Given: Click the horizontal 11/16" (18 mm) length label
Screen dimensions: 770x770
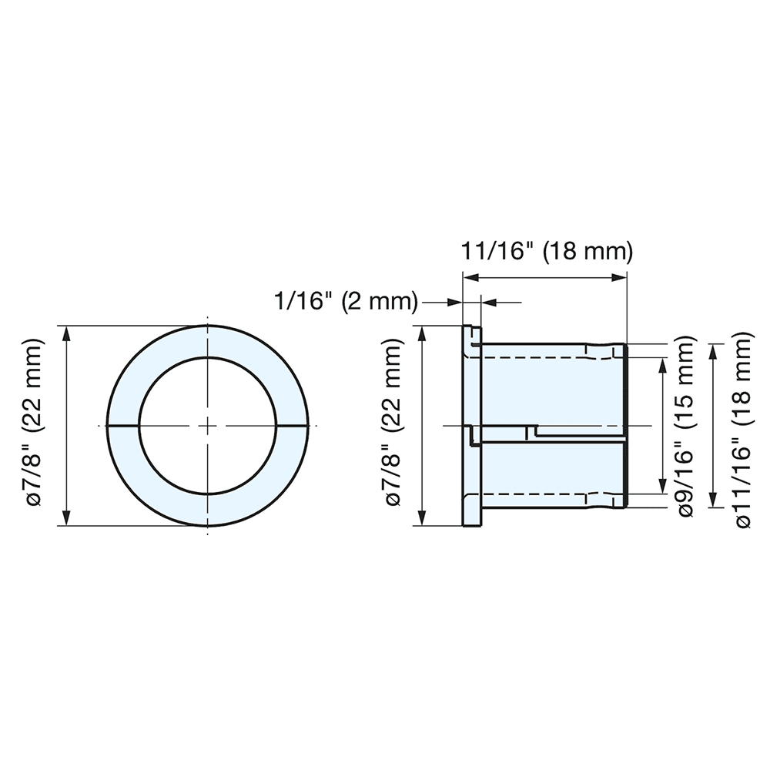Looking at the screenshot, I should pyautogui.click(x=546, y=252).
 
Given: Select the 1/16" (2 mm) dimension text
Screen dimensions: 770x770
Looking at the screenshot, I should pyautogui.click(x=346, y=301).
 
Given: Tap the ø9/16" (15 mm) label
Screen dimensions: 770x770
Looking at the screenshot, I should pyautogui.click(x=687, y=426).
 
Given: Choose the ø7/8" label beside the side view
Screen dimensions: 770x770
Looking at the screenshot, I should pyautogui.click(x=393, y=426).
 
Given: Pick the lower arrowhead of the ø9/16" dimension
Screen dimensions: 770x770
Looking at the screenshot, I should pyautogui.click(x=661, y=487).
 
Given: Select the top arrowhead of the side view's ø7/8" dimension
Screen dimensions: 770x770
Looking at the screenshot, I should pyautogui.click(x=422, y=333).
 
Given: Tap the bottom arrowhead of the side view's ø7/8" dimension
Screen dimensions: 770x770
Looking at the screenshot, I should pyautogui.click(x=422, y=519).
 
